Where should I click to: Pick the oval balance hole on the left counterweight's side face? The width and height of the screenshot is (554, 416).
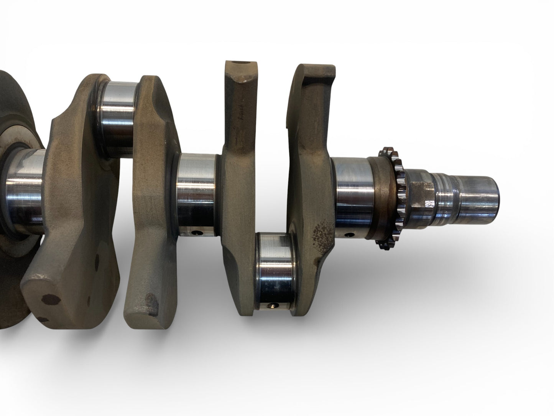[96, 263]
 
